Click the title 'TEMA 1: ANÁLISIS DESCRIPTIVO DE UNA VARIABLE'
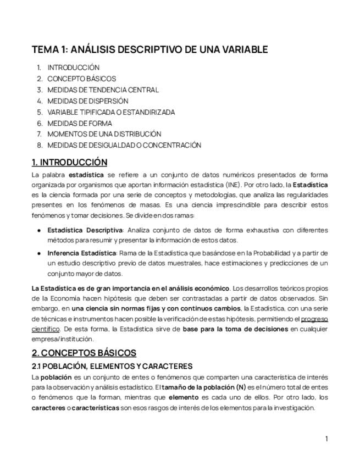(149, 49)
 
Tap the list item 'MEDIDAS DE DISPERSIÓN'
(87, 101)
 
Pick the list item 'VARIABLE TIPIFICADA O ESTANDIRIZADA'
(111, 112)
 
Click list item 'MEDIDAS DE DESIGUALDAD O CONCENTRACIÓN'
(124, 145)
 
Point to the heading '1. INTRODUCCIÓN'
(69, 162)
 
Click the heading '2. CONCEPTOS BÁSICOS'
(84, 353)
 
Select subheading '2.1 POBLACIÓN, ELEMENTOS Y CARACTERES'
(112, 366)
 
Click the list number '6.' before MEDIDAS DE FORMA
(40, 123)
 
